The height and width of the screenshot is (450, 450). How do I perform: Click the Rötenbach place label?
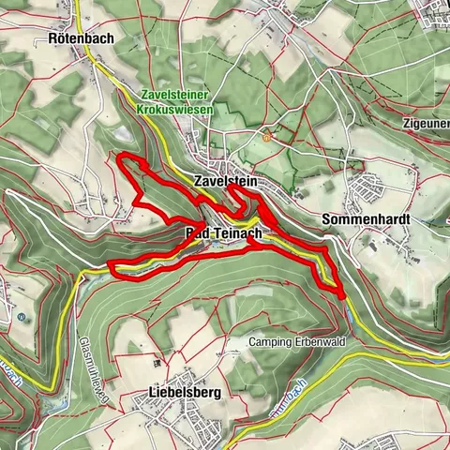point(81,39)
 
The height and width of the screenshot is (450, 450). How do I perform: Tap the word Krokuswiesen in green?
point(174,109)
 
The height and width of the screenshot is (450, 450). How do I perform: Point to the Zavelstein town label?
point(225,180)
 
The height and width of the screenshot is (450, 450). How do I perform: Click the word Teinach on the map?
point(234,232)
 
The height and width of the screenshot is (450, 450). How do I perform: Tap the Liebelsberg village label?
point(185,394)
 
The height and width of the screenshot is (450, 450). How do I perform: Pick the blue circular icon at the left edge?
point(20,316)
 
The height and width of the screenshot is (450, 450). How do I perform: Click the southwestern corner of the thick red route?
point(113,271)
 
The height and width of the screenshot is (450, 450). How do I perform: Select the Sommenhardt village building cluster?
point(370,192)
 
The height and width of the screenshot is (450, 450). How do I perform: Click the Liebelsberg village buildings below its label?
point(169,413)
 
